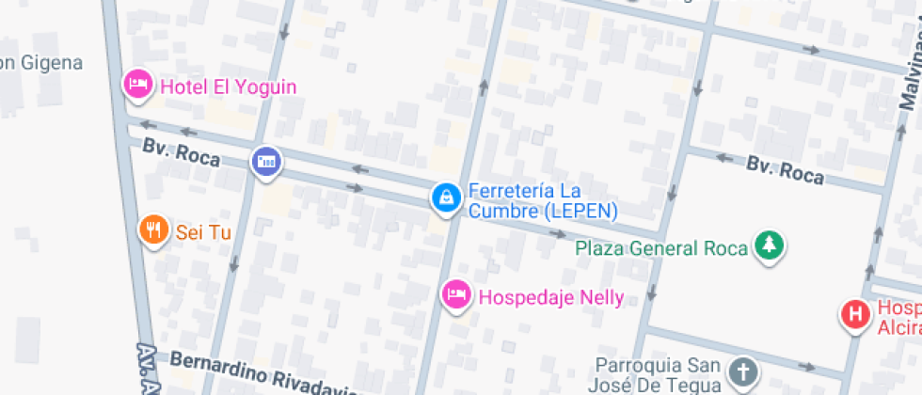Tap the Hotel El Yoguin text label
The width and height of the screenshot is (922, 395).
pyautogui.click(x=228, y=87)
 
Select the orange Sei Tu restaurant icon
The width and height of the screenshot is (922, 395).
pyautogui.click(x=153, y=229)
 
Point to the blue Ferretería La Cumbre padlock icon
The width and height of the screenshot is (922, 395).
pyautogui.click(x=445, y=197)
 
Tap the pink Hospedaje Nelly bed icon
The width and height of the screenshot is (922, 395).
pyautogui.click(x=457, y=295)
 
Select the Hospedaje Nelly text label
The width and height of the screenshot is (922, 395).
pyautogui.click(x=551, y=297)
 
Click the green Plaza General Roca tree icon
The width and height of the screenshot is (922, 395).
pyautogui.click(x=771, y=246)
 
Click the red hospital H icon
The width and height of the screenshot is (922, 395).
pyautogui.click(x=855, y=313)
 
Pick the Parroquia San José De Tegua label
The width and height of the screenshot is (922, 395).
pyautogui.click(x=657, y=374)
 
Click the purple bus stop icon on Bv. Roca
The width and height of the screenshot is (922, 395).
pyautogui.click(x=266, y=161)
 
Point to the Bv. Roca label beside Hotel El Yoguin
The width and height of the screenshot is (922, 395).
pyautogui.click(x=181, y=153)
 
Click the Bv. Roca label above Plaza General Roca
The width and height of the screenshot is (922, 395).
pyautogui.click(x=785, y=170)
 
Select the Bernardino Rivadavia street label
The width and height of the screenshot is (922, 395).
pyautogui.click(x=263, y=375)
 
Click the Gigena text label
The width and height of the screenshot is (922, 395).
pyautogui.click(x=41, y=63)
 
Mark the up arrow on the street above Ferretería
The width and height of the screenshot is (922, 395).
pyautogui.click(x=484, y=87)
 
